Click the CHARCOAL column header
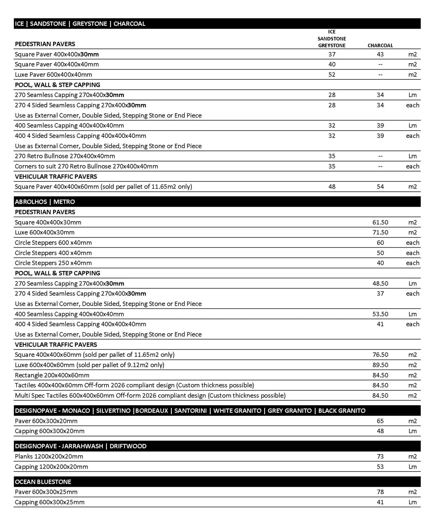point(380,45)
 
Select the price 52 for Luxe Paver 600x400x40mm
point(332,75)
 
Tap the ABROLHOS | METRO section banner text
point(45,202)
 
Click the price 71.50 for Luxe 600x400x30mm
point(380,232)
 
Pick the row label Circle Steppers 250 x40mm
point(53,263)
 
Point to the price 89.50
point(380,365)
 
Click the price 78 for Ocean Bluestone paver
point(380,492)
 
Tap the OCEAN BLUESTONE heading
point(43,482)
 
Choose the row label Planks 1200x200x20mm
point(49,457)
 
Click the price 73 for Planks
point(380,457)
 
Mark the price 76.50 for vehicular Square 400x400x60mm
point(380,355)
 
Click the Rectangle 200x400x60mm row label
point(52,375)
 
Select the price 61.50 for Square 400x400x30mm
point(380,222)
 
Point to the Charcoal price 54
point(380,187)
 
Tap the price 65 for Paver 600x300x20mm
point(380,421)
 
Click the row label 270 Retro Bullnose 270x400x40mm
point(65,156)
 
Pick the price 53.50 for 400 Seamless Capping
point(380,314)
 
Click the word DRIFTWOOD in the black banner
point(128,446)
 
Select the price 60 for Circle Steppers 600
point(380,243)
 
